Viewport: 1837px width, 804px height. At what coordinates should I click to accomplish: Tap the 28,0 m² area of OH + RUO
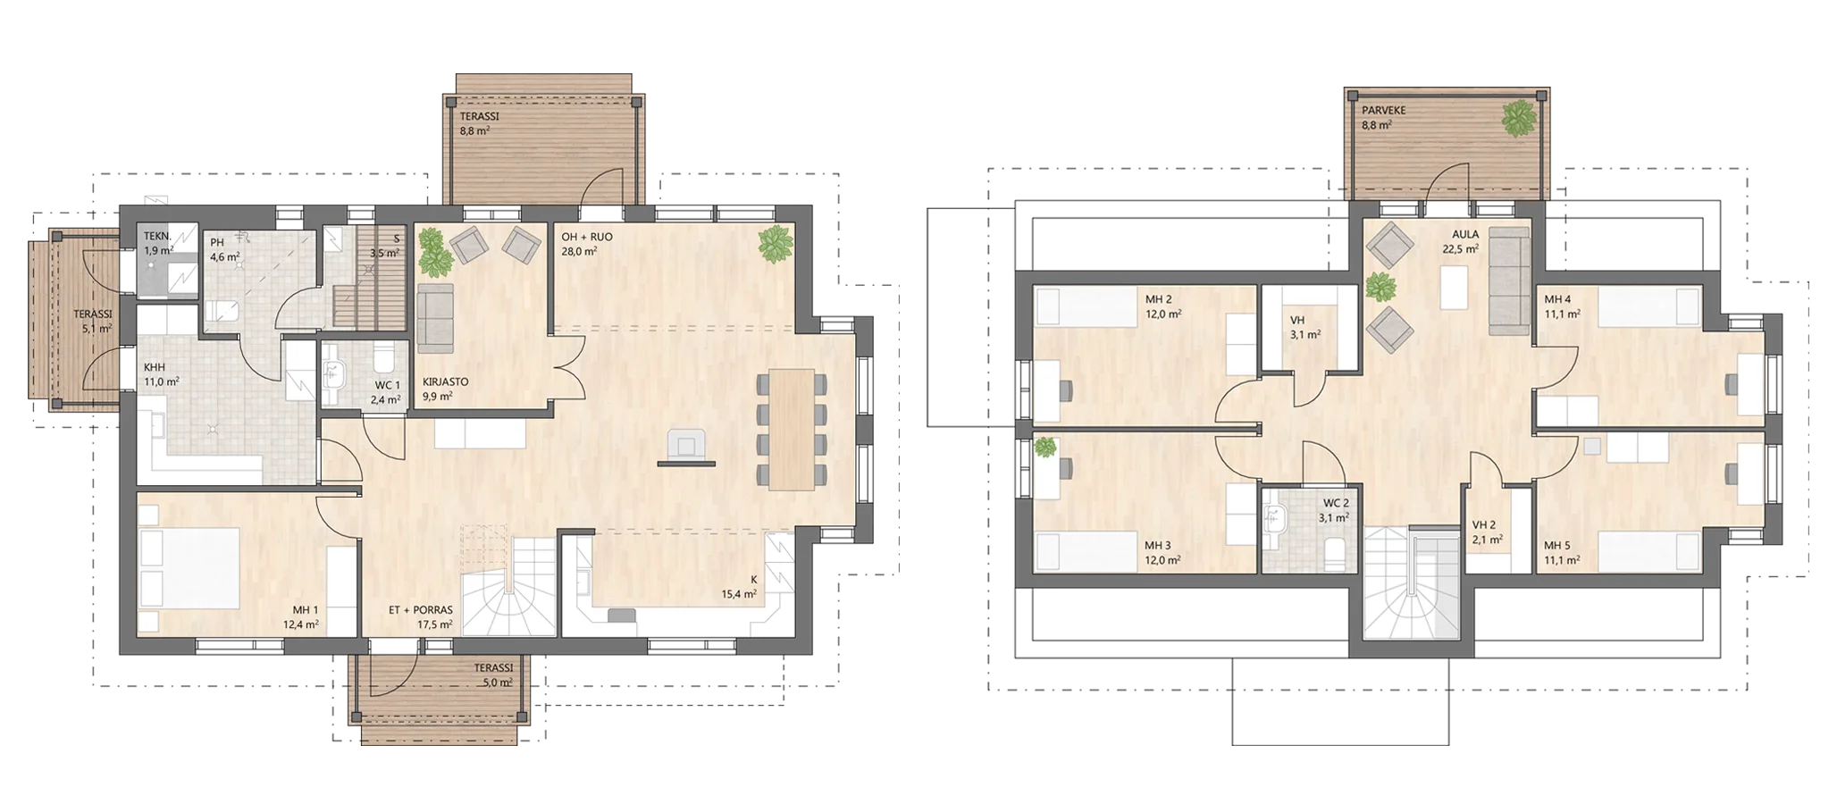coord(579,251)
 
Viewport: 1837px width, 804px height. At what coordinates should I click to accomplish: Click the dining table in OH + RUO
coord(792,429)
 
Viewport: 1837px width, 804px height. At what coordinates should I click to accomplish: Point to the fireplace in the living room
coord(686,448)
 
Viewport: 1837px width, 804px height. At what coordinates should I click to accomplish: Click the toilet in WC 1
coord(383,358)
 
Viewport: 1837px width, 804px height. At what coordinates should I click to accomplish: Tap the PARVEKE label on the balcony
coord(1384,111)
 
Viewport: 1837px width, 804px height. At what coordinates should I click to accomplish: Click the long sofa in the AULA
coord(1509,281)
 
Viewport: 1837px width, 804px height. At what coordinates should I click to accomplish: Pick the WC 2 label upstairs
coord(1336,503)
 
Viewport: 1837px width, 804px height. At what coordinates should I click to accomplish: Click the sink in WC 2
coord(1273,516)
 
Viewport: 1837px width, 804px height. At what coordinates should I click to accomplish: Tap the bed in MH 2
coord(1086,306)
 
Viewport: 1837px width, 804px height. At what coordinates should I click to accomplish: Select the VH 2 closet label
coord(1483,525)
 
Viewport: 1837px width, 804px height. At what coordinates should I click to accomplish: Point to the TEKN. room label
coord(157,237)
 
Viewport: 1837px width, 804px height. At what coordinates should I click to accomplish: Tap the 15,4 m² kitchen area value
coord(739,593)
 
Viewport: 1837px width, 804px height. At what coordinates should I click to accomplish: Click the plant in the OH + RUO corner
coord(775,242)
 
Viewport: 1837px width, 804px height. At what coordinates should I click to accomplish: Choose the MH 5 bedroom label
coord(1557,546)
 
